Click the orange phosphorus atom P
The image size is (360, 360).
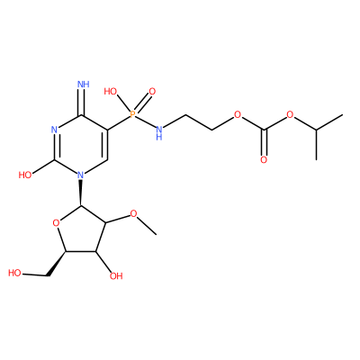pyautogui.click(x=132, y=114)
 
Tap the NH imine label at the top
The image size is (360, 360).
pyautogui.click(x=84, y=84)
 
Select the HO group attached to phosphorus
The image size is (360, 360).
pyautogui.click(x=111, y=91)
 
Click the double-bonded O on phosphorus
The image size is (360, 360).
pyautogui.click(x=152, y=91)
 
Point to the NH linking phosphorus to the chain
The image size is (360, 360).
pyautogui.click(x=159, y=133)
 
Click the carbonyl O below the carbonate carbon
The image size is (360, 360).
pyautogui.click(x=264, y=159)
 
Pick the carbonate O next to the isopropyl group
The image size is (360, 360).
pyautogui.click(x=290, y=114)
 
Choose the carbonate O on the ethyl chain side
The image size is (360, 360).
pyautogui.click(x=238, y=114)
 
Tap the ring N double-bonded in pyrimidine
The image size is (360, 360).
pyautogui.click(x=54, y=130)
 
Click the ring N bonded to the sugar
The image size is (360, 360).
pyautogui.click(x=80, y=175)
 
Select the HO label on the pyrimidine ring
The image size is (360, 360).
pyautogui.click(x=25, y=175)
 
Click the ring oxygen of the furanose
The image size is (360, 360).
pyautogui.click(x=56, y=222)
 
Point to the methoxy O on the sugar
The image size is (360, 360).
pyautogui.click(x=133, y=214)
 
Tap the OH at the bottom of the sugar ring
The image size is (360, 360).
pyautogui.click(x=116, y=275)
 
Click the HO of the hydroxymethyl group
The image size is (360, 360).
pyautogui.click(x=14, y=273)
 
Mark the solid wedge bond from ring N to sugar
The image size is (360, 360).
pyautogui.click(x=81, y=193)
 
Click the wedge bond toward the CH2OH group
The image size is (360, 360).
pyautogui.click(x=57, y=263)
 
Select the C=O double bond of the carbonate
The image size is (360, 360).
pyautogui.click(x=264, y=142)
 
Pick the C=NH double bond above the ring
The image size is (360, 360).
pyautogui.click(x=82, y=102)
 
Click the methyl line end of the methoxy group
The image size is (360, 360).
pyautogui.click(x=157, y=235)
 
